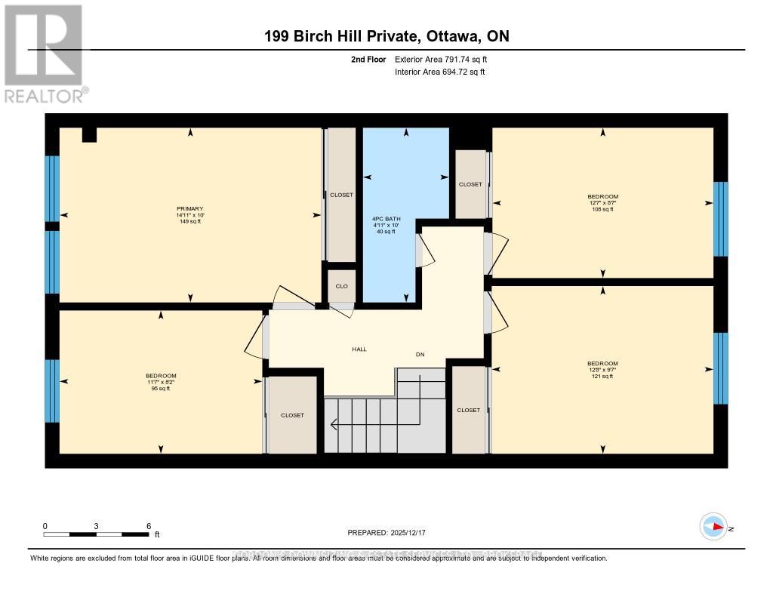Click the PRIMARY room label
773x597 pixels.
pos(190,209)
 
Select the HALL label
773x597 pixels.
pos(359,349)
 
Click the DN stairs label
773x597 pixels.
pos(420,353)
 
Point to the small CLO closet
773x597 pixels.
pos(341,286)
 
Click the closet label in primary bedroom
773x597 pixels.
pos(341,195)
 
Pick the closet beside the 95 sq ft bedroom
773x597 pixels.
pos(292,415)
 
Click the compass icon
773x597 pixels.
pos(713,527)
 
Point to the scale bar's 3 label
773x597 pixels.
pos(97,526)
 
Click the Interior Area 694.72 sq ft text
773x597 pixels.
pos(440,72)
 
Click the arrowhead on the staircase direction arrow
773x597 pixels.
pos(334,425)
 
